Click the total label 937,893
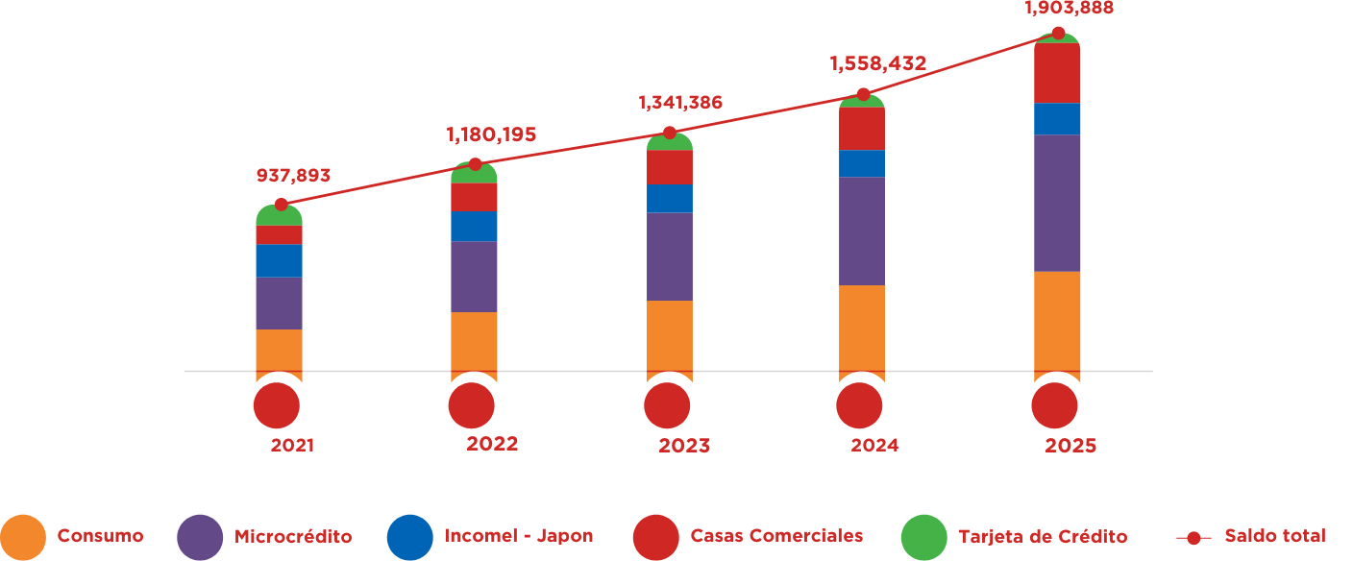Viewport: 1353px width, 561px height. point(293,176)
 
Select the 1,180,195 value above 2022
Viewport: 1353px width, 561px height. point(490,135)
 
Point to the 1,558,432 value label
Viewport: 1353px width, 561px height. point(877,64)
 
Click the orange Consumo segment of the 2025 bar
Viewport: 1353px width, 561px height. point(1057,321)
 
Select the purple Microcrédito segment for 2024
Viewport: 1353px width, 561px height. point(862,231)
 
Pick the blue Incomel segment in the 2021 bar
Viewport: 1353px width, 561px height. point(279,260)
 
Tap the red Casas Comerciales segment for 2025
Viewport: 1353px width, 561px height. point(1057,74)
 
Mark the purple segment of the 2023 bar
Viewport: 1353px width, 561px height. point(670,256)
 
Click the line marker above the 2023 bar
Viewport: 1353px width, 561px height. point(670,133)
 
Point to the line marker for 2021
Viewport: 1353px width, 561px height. point(281,204)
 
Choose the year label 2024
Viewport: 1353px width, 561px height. point(874,446)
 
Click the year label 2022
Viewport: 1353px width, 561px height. point(492,444)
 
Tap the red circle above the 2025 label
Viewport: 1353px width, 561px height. point(1054,406)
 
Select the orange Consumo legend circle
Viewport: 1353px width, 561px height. point(23,537)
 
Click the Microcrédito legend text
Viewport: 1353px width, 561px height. point(293,536)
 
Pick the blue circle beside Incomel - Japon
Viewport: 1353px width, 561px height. point(410,537)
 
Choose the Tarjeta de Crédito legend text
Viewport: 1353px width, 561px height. point(1043,536)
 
